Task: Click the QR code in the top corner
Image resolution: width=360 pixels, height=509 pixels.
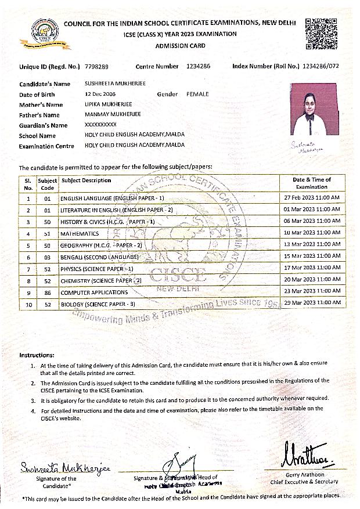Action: click(321, 34)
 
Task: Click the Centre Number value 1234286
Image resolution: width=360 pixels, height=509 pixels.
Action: click(199, 66)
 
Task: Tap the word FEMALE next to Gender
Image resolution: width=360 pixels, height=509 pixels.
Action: click(197, 94)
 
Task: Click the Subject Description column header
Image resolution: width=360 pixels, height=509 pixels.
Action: click(86, 181)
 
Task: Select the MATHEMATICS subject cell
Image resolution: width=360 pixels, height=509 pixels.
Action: click(80, 233)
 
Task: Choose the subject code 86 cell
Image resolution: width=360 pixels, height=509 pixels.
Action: click(48, 293)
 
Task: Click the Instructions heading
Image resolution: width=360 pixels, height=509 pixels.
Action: click(37, 355)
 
